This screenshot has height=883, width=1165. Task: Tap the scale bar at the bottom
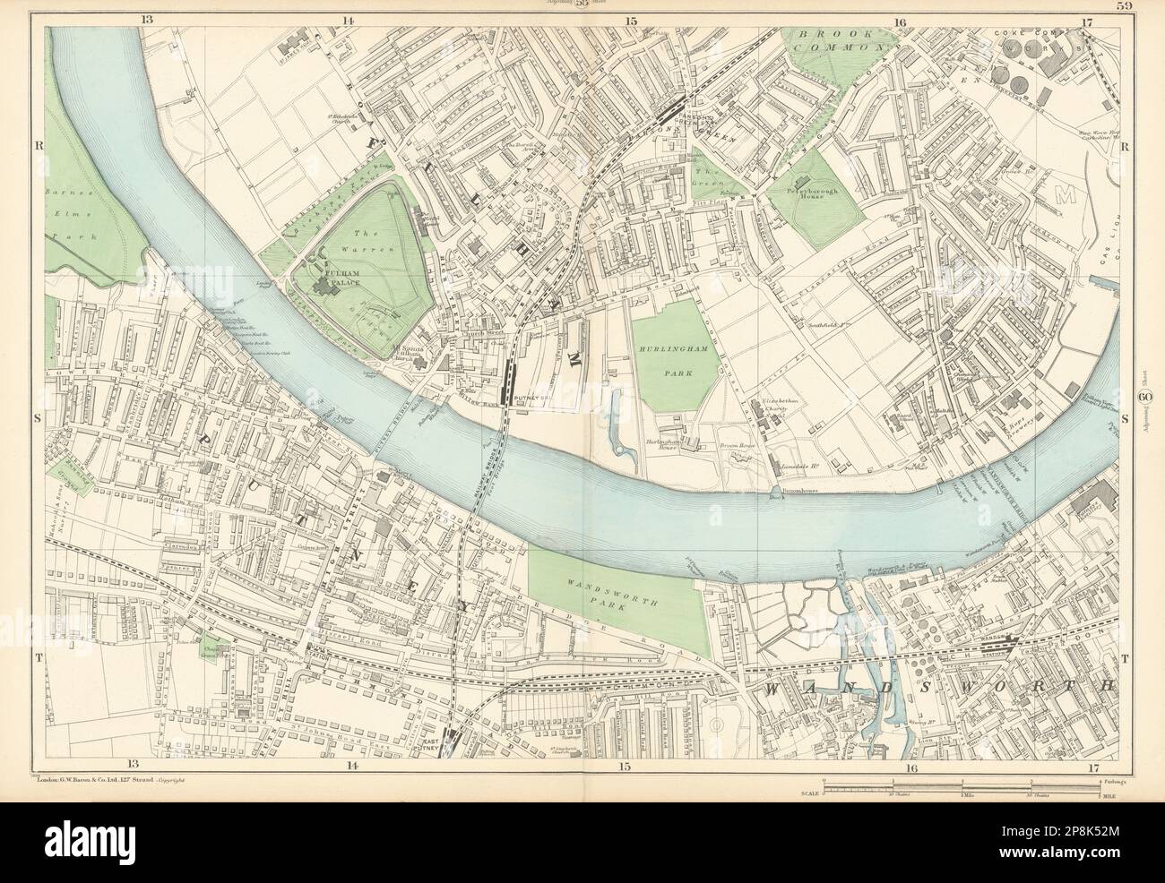tap(961, 788)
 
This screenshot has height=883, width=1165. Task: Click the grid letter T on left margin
tap(38, 656)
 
